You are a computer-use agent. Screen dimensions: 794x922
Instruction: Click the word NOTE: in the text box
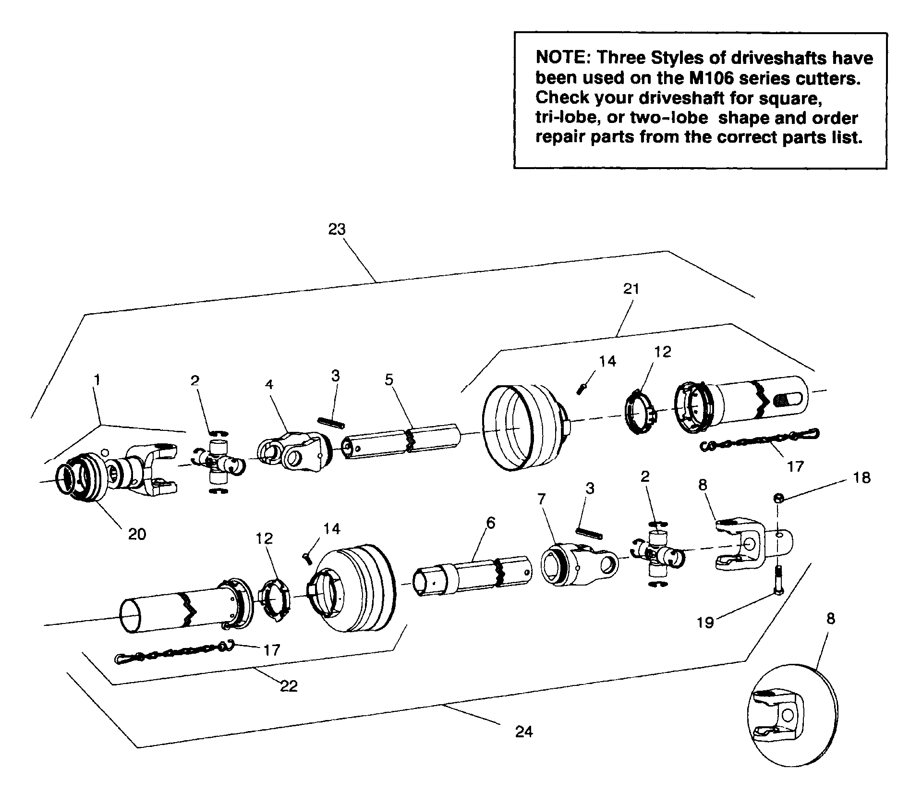coord(563,58)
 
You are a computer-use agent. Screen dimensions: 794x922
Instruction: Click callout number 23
coord(337,230)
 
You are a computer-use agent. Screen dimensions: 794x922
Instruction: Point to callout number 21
coord(631,289)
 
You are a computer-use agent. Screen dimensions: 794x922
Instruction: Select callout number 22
coord(289,686)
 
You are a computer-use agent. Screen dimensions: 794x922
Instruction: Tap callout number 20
coord(137,534)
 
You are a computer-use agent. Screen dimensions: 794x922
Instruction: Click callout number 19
coord(705,623)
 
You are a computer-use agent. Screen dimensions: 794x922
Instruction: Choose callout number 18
coord(862,478)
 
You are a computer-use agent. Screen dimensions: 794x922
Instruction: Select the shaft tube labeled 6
coord(473,575)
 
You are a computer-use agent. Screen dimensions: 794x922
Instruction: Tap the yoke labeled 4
coord(293,451)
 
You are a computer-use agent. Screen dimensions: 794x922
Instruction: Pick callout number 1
coord(97,380)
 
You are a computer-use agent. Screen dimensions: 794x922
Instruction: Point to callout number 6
coord(490,523)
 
